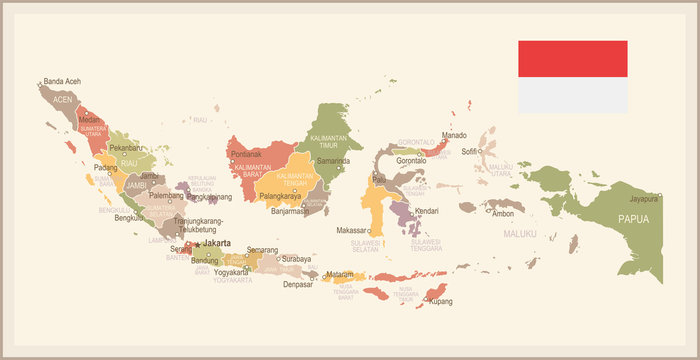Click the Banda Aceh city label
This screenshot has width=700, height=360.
click(x=61, y=81)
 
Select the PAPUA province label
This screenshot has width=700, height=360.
click(x=633, y=218)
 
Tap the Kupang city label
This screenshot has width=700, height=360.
click(x=441, y=301)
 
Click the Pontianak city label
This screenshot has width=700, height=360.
click(x=246, y=154)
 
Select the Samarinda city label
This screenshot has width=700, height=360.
click(x=333, y=160)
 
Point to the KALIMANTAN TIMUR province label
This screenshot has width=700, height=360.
click(x=329, y=141)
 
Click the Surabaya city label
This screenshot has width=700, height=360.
click(x=296, y=259)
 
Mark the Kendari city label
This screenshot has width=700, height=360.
click(x=427, y=211)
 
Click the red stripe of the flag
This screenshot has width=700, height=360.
click(x=572, y=59)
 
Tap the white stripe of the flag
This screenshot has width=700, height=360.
click(x=572, y=95)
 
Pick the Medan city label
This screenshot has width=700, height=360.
click(x=89, y=119)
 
